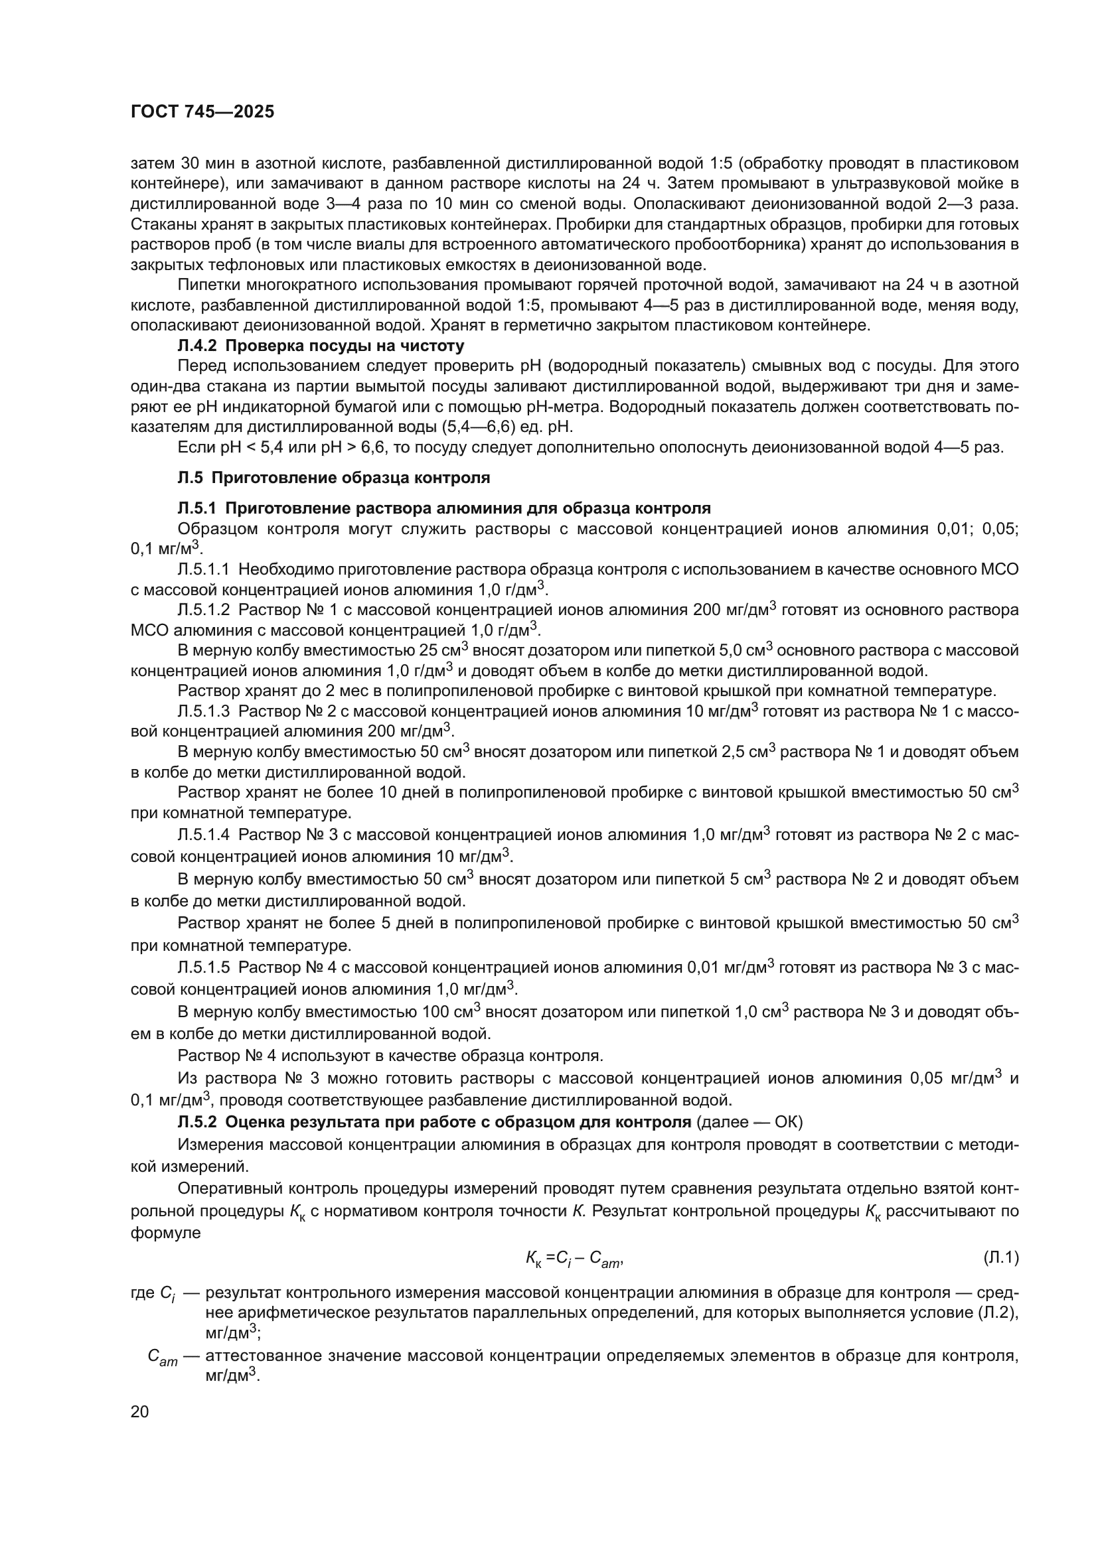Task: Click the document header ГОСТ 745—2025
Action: (202, 111)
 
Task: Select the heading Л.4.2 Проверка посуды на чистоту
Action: (321, 346)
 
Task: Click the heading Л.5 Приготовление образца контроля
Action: (333, 478)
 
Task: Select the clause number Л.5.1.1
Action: (204, 569)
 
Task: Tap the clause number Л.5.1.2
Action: (204, 610)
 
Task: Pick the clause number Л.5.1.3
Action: (204, 711)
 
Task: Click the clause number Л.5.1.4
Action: (204, 835)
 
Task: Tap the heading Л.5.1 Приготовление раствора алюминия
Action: (443, 508)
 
